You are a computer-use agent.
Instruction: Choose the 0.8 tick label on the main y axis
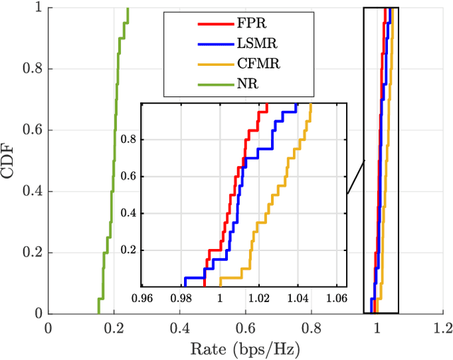click(x=31, y=69)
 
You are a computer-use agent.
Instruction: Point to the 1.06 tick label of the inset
click(x=336, y=298)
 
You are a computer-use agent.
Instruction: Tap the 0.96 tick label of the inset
click(x=146, y=298)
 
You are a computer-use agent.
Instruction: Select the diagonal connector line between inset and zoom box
click(x=355, y=177)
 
